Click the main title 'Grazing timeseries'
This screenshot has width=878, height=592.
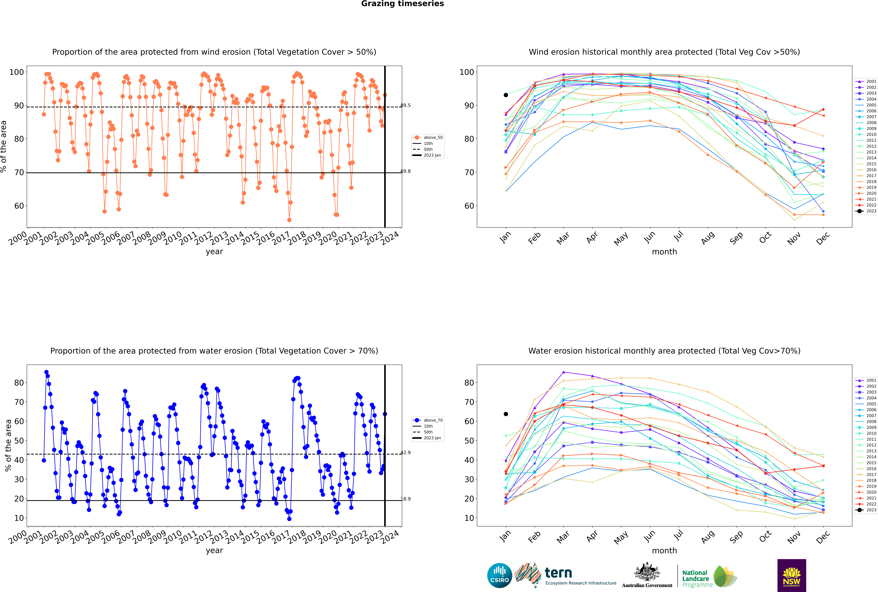(402, 4)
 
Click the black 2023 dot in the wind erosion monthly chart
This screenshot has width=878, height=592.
(506, 95)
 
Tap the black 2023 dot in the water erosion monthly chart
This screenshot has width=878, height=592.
(506, 414)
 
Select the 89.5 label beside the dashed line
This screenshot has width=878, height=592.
(406, 105)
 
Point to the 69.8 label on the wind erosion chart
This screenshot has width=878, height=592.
(406, 171)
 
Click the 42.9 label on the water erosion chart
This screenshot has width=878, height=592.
(406, 453)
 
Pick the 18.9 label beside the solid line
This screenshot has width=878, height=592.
(406, 499)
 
